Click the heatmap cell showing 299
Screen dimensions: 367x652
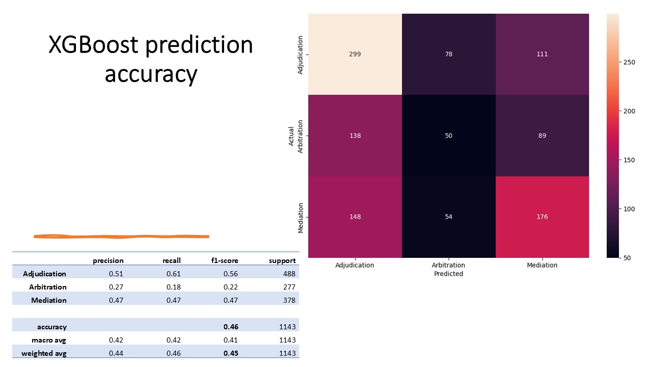355,54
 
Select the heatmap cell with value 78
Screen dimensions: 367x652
449,54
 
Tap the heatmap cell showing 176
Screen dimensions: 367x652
542,217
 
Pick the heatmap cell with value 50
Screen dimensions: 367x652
449,136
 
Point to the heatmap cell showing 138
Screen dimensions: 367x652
355,136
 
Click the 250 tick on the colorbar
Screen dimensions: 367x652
629,62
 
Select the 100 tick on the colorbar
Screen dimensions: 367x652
629,209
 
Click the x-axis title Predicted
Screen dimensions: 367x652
449,274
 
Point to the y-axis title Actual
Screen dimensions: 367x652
291,136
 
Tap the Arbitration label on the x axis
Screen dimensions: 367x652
449,265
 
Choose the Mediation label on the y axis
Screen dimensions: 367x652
301,218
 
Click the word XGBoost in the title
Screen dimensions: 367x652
93,45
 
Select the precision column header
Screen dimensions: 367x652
108,260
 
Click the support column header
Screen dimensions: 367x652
282,260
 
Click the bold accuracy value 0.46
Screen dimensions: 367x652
231,327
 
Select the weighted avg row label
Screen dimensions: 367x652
44,353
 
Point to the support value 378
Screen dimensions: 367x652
289,300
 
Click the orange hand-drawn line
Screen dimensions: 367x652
121,237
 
